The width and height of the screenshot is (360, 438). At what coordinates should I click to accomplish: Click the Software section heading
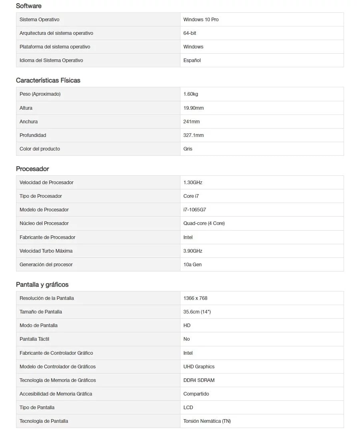coord(28,6)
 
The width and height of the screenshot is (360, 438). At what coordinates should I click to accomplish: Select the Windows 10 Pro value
coord(201,20)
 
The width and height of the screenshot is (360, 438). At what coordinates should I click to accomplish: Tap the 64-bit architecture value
coord(190,33)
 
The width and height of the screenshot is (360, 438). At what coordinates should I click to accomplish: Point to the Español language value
coord(192,60)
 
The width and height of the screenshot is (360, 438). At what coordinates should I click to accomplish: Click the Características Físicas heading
coord(48,80)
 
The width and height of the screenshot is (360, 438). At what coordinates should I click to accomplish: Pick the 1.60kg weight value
coord(191,94)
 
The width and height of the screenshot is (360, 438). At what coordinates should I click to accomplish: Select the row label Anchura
coord(29,122)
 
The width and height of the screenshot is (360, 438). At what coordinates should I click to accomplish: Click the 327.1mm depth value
coord(194,135)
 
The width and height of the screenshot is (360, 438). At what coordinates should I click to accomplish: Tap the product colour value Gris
coord(188,149)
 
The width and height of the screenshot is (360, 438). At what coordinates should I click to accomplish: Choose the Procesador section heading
coord(32,169)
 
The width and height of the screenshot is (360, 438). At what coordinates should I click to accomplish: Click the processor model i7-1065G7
coord(195,210)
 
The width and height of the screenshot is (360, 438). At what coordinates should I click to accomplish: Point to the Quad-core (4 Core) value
coord(204,223)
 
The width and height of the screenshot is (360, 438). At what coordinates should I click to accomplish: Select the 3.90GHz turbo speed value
coord(193,251)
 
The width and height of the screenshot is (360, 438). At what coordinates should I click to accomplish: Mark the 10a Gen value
coord(192,265)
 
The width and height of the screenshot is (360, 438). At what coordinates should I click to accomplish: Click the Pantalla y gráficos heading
coord(42,285)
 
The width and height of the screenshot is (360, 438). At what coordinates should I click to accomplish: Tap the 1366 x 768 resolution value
coord(195,298)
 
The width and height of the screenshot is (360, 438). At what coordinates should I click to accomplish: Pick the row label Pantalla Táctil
coord(34,339)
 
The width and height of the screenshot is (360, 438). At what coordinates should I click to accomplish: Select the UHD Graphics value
coord(199,367)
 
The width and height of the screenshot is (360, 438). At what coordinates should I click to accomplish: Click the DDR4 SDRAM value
coord(199,380)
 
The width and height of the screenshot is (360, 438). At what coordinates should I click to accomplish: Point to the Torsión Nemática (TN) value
coord(207,421)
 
